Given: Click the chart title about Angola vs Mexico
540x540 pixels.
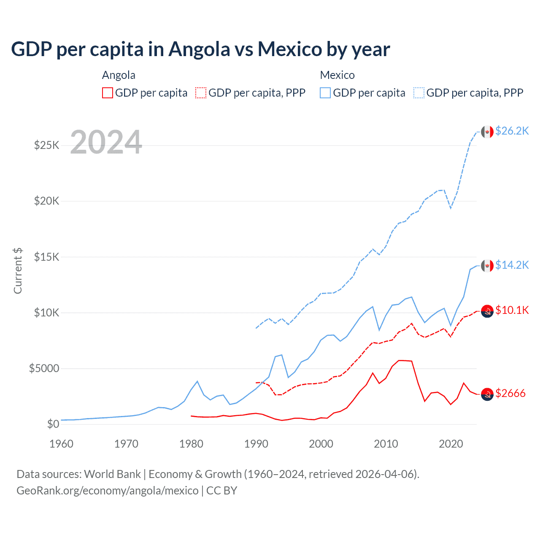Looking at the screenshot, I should pos(200,49).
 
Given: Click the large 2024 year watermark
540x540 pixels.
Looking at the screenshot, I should pos(106,142).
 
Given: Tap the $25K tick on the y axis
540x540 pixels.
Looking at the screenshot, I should pos(47,146).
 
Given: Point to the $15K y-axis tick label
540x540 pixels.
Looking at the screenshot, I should pos(47,257).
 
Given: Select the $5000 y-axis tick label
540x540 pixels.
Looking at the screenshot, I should pos(44,368).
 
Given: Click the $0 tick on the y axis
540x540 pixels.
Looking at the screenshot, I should pos(53,424).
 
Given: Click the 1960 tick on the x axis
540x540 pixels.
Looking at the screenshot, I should pos(62,444).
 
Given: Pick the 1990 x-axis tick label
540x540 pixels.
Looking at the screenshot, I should pos(256,444).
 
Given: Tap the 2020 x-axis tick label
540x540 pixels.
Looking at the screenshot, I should pos(451,444).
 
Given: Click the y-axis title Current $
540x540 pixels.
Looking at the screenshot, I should pos(18,271).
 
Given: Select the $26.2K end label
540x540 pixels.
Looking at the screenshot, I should pos(512,131).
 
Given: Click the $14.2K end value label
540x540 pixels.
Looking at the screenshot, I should pos(512,265).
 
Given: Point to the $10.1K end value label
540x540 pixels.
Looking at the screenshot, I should pos(512,310).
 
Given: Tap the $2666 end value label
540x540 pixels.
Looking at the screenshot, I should pos(510,394).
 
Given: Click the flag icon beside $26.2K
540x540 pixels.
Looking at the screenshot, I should pos(487,132).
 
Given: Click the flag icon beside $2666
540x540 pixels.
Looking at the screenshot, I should pos(487,394).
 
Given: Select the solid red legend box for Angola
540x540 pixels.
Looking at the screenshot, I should pos(108,93).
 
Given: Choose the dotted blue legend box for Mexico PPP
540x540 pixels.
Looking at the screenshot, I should pos(419,93).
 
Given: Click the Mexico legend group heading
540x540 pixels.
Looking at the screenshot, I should pos(337,75).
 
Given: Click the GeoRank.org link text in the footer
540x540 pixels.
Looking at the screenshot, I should pos(108,491).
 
